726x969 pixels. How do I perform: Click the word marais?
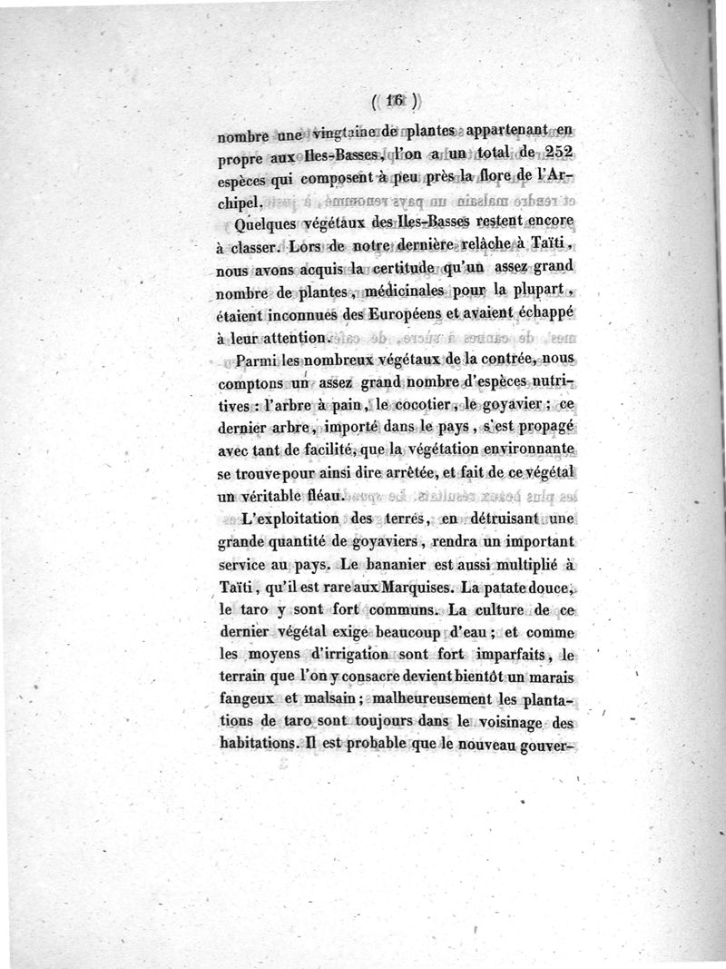tap(553, 680)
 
